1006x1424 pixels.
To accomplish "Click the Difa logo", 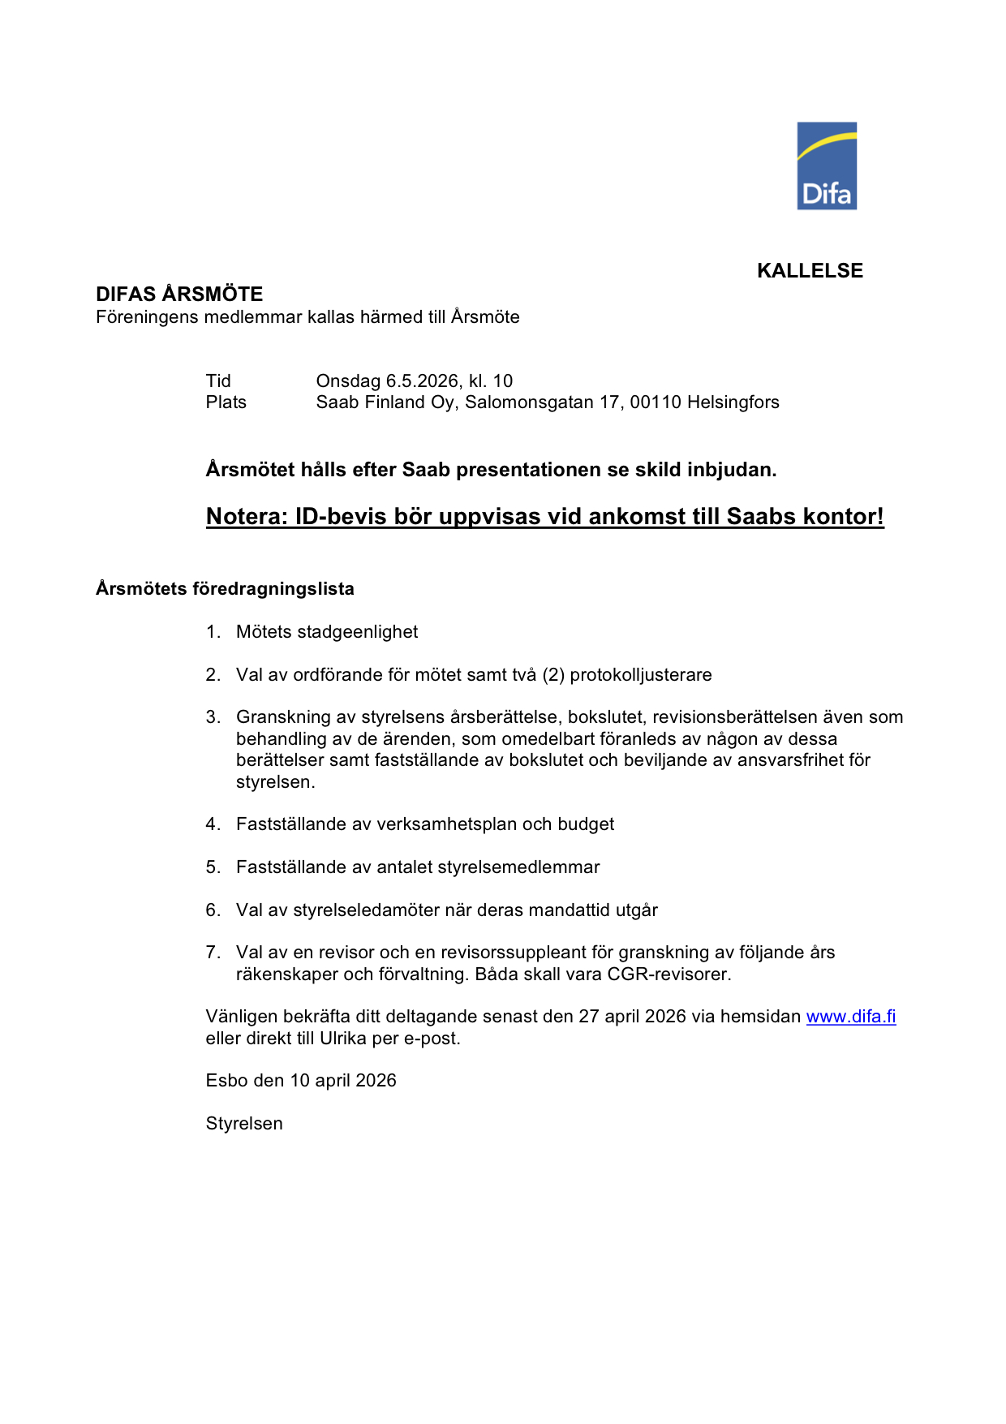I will (827, 166).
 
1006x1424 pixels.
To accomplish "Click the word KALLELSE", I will (810, 271).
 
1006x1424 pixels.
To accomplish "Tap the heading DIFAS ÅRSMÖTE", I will (179, 294).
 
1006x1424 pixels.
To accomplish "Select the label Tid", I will (218, 381).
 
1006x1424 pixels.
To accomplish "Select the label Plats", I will (226, 402).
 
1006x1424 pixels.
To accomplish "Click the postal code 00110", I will (656, 402).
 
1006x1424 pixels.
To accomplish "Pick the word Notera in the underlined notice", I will (246, 517).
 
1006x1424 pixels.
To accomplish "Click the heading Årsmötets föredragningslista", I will (225, 589).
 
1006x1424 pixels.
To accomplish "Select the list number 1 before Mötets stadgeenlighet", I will (212, 632).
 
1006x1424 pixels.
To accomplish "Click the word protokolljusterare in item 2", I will (641, 675).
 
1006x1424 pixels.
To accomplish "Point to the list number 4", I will (212, 824).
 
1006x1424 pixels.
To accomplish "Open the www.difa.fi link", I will (851, 1017).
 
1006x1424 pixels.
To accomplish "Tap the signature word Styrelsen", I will (244, 1124).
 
